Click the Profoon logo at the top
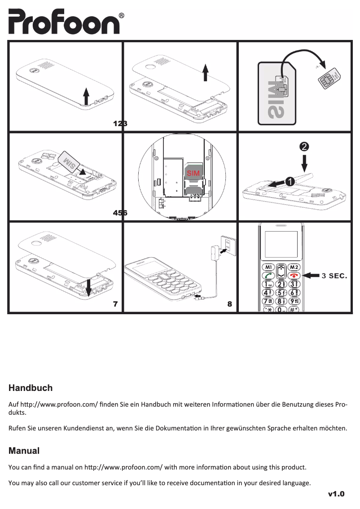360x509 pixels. point(64,22)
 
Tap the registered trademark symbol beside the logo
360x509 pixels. point(122,16)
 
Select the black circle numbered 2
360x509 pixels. point(304,147)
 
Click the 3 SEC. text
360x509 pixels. point(335,275)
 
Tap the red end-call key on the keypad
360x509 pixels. point(294,276)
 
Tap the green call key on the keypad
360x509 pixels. point(268,276)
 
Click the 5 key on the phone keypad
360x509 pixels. point(281,293)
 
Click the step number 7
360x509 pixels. point(115,304)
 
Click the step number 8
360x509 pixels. point(230,304)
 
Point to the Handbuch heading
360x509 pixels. point(31,388)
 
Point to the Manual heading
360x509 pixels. point(24,450)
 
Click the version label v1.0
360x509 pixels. point(336,495)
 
